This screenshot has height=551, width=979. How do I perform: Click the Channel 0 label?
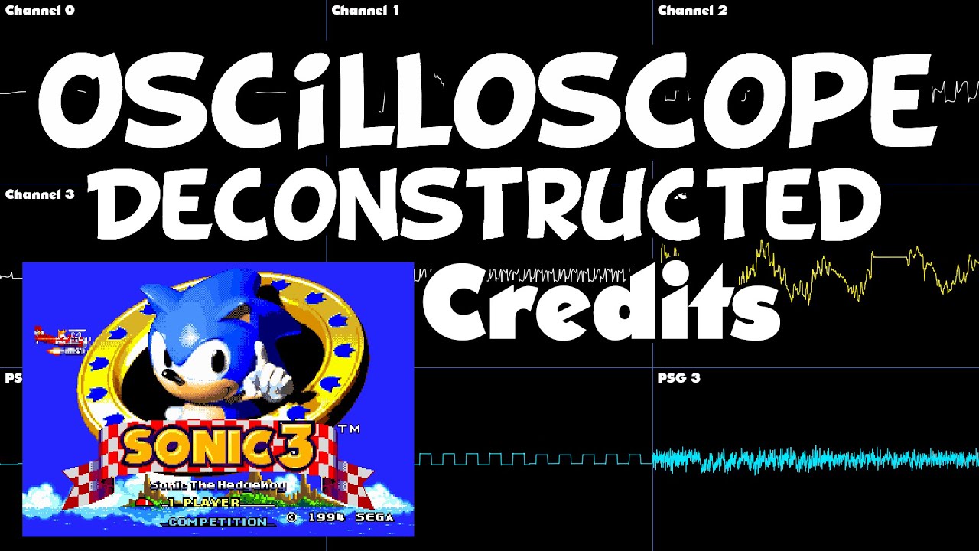40,11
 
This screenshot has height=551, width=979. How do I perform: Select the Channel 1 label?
366,11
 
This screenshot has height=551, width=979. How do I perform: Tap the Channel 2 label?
692,11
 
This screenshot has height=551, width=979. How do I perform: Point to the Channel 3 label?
40,194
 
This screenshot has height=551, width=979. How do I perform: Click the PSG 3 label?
678,378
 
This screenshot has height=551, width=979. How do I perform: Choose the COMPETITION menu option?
218,521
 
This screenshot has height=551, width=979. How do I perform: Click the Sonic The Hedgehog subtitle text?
218,484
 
